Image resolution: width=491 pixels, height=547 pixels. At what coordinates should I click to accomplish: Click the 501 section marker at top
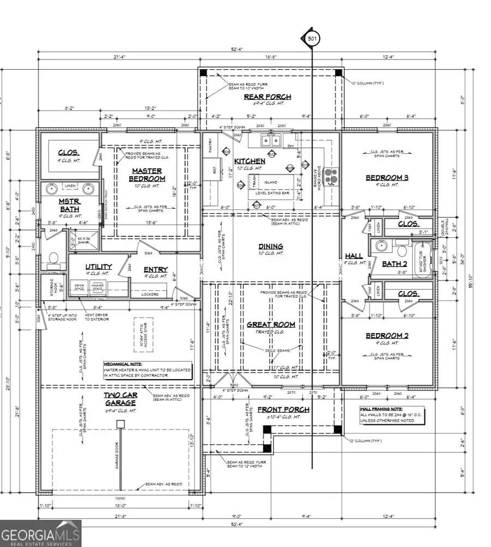[x=311, y=39]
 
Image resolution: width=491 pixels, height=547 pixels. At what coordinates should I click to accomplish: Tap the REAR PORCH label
[x=267, y=97]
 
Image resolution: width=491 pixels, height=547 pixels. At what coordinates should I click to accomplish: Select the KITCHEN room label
[x=250, y=161]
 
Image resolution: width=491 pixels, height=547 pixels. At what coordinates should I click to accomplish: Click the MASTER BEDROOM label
[x=147, y=175]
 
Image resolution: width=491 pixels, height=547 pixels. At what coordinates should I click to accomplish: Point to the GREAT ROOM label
[x=271, y=324]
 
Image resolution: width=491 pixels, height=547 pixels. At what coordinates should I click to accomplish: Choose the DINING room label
[x=271, y=247]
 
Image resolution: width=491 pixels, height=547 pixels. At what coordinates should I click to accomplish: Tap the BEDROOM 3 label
[x=387, y=178]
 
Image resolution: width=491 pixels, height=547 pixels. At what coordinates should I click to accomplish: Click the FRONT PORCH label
[x=283, y=410]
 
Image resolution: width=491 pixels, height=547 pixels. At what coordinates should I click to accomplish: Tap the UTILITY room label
[x=98, y=267]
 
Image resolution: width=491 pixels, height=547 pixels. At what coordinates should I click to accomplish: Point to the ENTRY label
[x=155, y=269]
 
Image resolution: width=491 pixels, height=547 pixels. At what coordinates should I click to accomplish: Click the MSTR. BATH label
[x=70, y=206]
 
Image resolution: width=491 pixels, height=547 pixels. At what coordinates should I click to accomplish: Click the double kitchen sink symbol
[x=270, y=141]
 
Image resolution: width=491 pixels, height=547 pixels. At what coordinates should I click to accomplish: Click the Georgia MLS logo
[x=41, y=533]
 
